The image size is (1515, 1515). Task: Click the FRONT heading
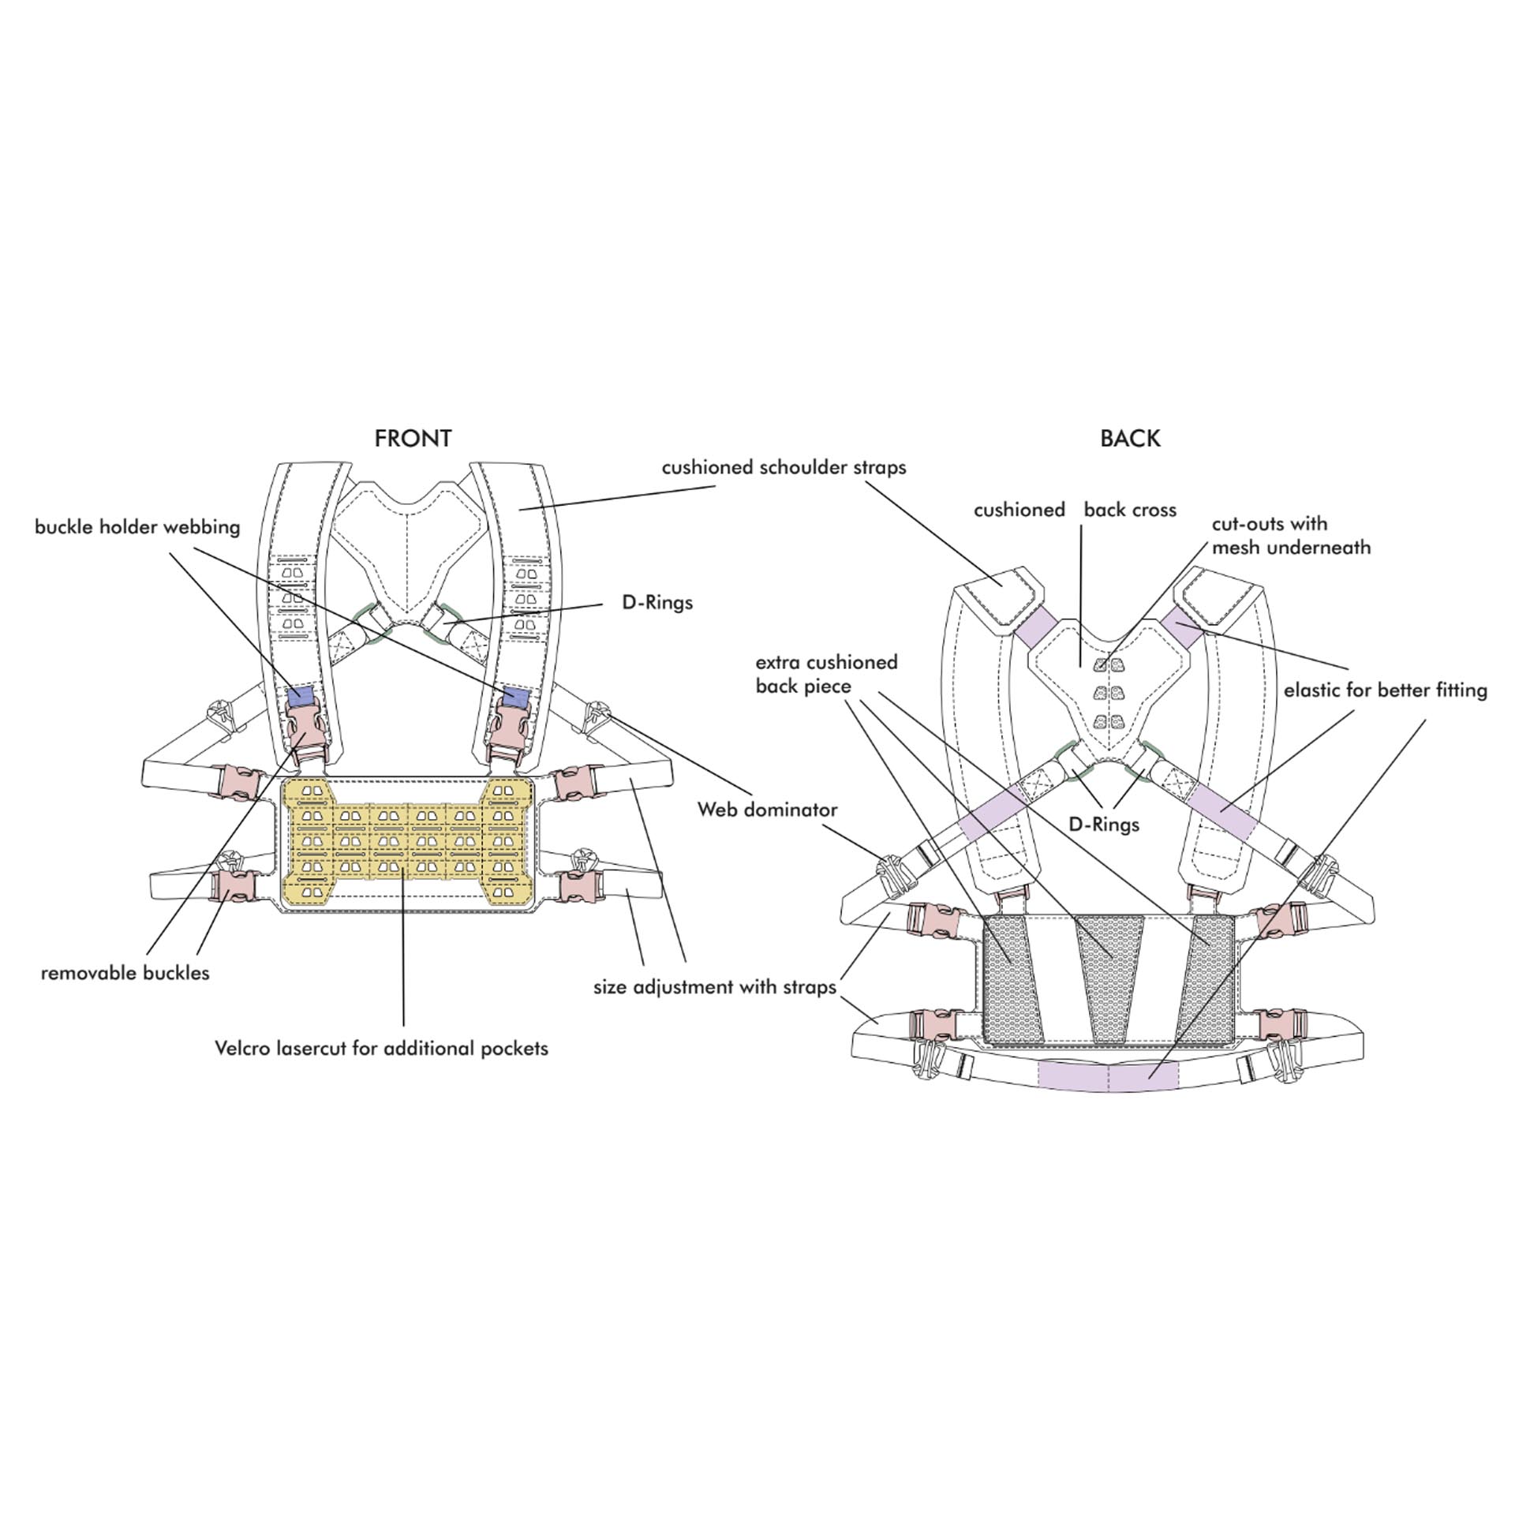[413, 439]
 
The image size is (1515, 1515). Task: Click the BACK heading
[1130, 439]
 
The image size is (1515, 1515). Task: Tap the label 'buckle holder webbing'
[137, 527]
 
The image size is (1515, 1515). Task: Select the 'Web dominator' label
[767, 810]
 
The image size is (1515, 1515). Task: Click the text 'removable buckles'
[125, 973]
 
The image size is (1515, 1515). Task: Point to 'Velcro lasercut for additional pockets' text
[381, 1049]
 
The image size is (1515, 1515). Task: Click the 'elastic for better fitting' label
[1385, 690]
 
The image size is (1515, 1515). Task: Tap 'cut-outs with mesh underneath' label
[1291, 536]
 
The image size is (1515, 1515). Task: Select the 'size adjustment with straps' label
[714, 987]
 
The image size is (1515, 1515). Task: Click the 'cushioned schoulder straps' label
[784, 467]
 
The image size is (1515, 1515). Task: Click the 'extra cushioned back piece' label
[826, 674]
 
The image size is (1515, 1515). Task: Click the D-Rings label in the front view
[657, 603]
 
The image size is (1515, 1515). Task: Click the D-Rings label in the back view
[1104, 825]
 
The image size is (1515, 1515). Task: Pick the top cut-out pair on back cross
[1108, 666]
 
